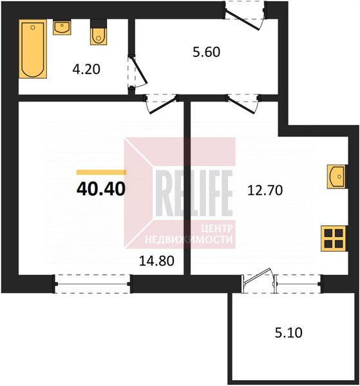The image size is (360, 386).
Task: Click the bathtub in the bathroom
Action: coord(33,49)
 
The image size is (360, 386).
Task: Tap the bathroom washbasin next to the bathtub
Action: coord(62,28)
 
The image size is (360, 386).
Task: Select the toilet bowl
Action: coord(99,33)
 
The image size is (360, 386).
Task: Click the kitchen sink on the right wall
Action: coord(337,177)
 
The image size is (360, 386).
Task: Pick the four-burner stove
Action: coord(334,238)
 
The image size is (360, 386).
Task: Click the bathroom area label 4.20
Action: coord(86,69)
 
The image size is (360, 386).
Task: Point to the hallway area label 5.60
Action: coord(207,52)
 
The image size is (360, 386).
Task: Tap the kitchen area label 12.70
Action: coord(265,190)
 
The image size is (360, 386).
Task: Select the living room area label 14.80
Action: coord(156,261)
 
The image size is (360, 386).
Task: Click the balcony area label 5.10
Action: coord(289,333)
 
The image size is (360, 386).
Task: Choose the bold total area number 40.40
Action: coord(101,189)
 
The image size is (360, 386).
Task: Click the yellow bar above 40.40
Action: coord(101,172)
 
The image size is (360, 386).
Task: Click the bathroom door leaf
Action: coord(140,71)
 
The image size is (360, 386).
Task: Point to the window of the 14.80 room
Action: coord(93,284)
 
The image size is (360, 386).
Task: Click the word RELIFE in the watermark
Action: coord(194,193)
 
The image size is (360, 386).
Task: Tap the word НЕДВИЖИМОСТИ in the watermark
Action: coord(189,239)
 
